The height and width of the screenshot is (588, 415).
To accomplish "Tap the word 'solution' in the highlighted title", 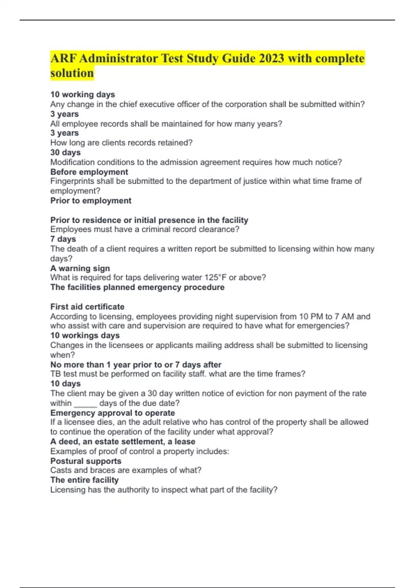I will click(72, 73).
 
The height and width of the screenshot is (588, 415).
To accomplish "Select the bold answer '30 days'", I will click(65, 153).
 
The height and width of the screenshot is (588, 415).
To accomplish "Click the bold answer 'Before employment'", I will click(89, 172).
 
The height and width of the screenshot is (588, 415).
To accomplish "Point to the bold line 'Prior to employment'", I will click(91, 201).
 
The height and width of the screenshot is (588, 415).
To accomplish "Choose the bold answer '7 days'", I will click(63, 239).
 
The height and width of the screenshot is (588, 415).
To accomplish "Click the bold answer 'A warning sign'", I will click(80, 268).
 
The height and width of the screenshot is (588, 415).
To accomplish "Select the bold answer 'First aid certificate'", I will click(87, 307).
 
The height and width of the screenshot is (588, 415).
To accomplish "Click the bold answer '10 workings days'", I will click(85, 336).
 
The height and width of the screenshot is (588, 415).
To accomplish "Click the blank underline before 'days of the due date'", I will click(85, 403).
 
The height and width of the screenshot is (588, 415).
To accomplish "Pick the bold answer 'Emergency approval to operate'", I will click(112, 413).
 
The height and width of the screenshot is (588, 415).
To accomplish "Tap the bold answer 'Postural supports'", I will click(86, 461).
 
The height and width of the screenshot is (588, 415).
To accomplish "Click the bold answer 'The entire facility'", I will click(84, 480).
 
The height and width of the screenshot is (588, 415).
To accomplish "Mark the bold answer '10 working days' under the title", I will click(83, 95).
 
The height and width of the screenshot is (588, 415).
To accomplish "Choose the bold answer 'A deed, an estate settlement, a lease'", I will click(123, 442).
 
